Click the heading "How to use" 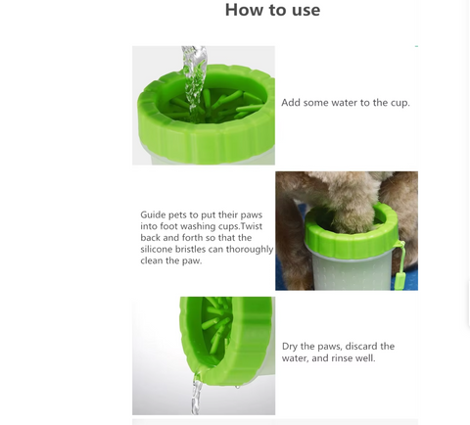pos(272,10)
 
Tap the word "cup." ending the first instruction pos(399,103)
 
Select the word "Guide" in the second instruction pos(153,214)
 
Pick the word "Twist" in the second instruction pos(252,226)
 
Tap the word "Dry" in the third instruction pos(289,347)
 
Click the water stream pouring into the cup pos(195,81)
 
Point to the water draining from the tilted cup pos(197,394)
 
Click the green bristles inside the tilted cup pos(217,323)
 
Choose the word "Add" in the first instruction pos(291,103)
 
